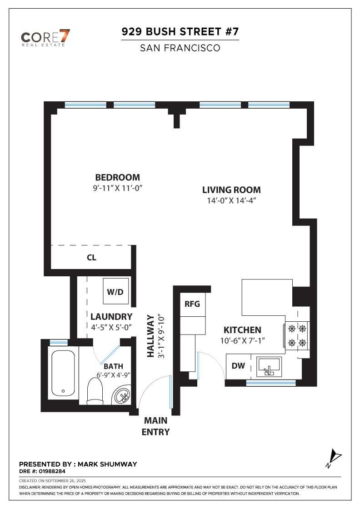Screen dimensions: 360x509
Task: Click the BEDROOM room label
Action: [x=118, y=177]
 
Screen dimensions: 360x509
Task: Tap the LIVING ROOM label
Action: [x=231, y=190]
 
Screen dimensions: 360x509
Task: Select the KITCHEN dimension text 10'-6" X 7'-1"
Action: [x=242, y=340]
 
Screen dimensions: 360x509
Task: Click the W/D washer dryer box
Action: [x=115, y=291]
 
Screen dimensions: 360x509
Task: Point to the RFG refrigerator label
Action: [x=192, y=304]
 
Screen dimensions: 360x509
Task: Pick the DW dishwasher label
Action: [x=238, y=366]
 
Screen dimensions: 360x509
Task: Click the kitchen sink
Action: [x=269, y=367]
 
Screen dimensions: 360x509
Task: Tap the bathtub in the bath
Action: [x=63, y=373]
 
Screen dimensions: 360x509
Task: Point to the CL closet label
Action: [x=91, y=257]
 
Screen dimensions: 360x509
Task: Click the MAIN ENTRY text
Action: [x=156, y=426]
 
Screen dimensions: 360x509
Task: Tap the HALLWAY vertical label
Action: [x=150, y=336]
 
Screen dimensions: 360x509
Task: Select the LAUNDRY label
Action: [x=111, y=316]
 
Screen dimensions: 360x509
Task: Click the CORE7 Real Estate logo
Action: [x=45, y=38]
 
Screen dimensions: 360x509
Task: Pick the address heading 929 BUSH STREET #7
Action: [x=180, y=31]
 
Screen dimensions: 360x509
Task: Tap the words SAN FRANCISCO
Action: [x=180, y=48]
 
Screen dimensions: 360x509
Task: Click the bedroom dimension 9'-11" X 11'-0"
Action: [x=118, y=188]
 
